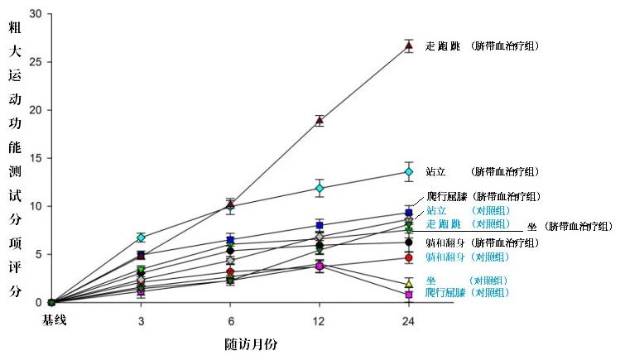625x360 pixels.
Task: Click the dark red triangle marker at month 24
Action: pos(408,46)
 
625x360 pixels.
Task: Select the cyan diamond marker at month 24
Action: pos(408,172)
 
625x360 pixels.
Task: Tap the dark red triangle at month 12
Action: pos(320,120)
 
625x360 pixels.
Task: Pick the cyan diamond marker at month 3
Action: pos(141,238)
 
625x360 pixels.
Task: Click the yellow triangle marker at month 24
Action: pos(408,283)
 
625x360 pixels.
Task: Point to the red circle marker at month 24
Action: pos(408,258)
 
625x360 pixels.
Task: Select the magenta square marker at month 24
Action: pos(408,294)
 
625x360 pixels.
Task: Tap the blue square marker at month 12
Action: pos(320,225)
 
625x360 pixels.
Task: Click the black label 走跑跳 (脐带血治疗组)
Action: pos(482,46)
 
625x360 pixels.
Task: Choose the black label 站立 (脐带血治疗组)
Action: pos(482,172)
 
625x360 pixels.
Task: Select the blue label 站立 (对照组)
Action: pos(468,210)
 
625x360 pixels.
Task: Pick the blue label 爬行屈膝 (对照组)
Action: pos(468,293)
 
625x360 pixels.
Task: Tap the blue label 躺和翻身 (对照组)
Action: pos(468,257)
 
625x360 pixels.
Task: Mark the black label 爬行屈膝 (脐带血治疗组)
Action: pos(482,197)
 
